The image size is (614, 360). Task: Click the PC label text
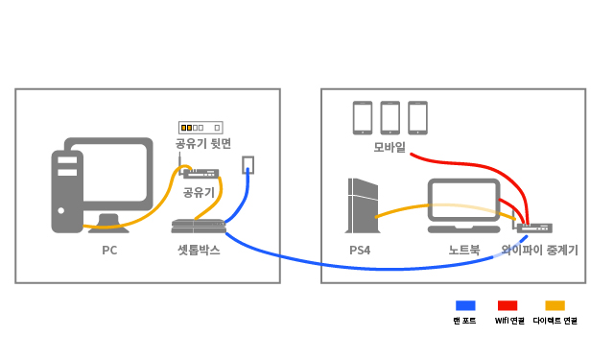[109, 250]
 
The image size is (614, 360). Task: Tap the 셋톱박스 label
[199, 250]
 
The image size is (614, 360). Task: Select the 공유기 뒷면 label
[202, 143]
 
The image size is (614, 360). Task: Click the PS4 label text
[360, 250]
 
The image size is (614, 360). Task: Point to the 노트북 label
[464, 250]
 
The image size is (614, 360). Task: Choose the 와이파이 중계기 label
[539, 250]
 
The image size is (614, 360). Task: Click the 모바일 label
[390, 147]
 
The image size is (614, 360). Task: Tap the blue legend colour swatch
[465, 305]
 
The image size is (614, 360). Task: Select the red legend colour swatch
[508, 305]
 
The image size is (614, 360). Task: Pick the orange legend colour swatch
[555, 305]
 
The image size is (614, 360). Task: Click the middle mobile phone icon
[390, 118]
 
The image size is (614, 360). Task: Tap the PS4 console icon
[363, 205]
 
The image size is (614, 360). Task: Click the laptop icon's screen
[463, 201]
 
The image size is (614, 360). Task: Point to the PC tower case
[67, 192]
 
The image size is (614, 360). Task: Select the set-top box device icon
[199, 227]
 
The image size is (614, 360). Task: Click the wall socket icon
[248, 165]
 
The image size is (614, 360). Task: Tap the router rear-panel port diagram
[201, 128]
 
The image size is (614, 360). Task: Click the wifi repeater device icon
[534, 228]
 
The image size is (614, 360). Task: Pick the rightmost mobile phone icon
[417, 118]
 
